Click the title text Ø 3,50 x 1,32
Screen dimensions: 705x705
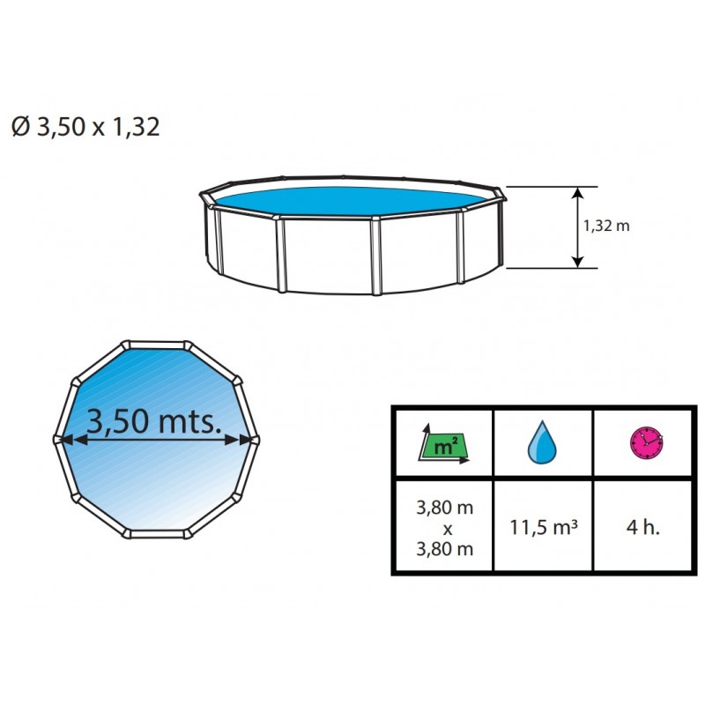pyautogui.click(x=85, y=126)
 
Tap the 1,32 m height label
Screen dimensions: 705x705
pyautogui.click(x=606, y=226)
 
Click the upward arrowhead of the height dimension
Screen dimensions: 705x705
pyautogui.click(x=578, y=193)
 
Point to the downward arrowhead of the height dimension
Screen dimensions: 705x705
pyautogui.click(x=578, y=261)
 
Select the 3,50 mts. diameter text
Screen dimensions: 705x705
pyautogui.click(x=154, y=421)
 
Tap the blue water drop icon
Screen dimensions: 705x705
pyautogui.click(x=542, y=442)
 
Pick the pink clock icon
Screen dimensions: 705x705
pyautogui.click(x=646, y=443)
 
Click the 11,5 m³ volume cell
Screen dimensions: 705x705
pyautogui.click(x=544, y=527)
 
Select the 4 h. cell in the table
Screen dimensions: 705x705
pyautogui.click(x=643, y=526)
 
